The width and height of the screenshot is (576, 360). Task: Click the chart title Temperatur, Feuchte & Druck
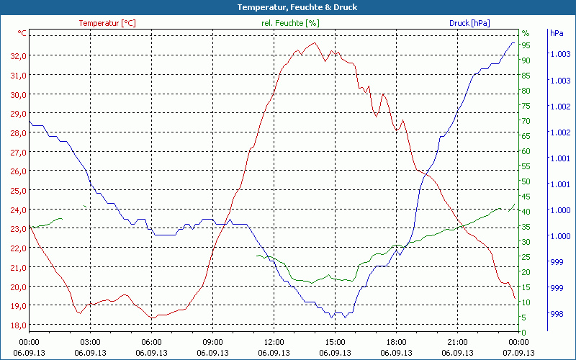(x=287, y=7)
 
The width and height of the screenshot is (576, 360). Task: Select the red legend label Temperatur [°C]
(x=107, y=23)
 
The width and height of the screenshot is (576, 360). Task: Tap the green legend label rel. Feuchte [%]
(x=290, y=23)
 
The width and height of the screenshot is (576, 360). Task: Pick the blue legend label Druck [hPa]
(x=469, y=23)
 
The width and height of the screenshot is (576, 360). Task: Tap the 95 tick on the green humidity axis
(x=526, y=45)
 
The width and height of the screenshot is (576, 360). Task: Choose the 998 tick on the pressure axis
(x=557, y=313)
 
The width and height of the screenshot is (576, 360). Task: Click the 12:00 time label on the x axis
(x=274, y=342)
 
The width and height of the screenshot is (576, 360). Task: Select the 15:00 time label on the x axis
(x=335, y=342)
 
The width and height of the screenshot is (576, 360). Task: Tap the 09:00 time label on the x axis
(x=212, y=342)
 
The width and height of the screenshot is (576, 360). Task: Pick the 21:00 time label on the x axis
(x=457, y=342)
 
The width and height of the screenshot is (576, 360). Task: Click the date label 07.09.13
(x=519, y=353)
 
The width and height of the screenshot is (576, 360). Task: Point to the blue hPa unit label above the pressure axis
(x=557, y=33)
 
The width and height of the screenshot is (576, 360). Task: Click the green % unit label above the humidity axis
(x=526, y=33)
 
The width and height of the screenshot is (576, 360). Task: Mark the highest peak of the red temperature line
(x=315, y=42)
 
